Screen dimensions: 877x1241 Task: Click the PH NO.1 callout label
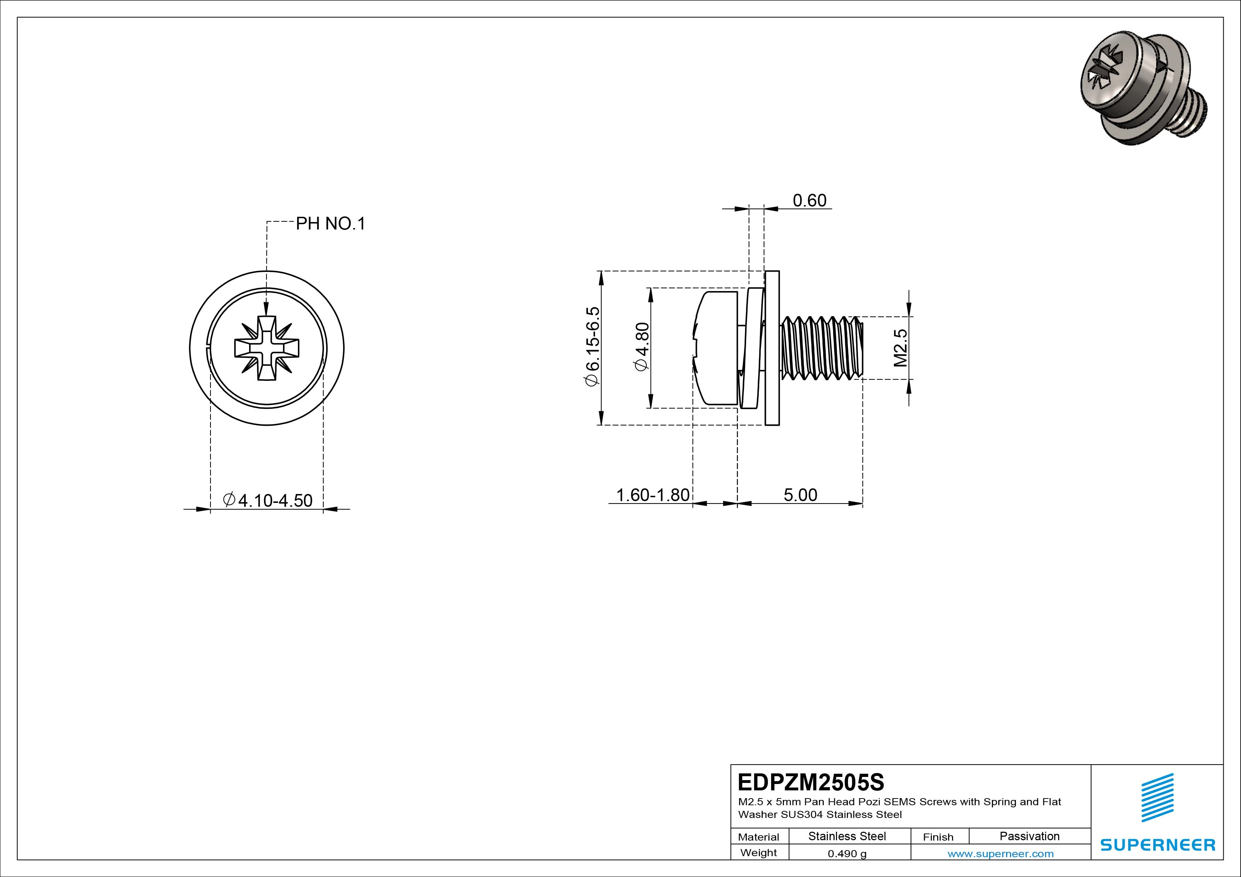coord(330,224)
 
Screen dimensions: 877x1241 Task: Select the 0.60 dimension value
coord(809,201)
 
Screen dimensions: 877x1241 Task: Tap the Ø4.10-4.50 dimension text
coord(268,500)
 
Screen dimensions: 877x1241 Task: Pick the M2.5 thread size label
coord(900,348)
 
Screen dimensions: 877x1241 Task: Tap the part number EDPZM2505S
coord(811,782)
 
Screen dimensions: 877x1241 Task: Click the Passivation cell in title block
coord(1029,836)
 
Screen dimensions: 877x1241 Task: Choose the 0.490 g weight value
coord(847,854)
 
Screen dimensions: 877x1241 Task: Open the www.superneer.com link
coord(1000,854)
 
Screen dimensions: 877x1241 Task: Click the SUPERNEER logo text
coord(1157,844)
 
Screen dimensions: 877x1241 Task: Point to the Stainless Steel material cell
coord(847,836)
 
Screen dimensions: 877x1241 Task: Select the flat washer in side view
coord(772,348)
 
